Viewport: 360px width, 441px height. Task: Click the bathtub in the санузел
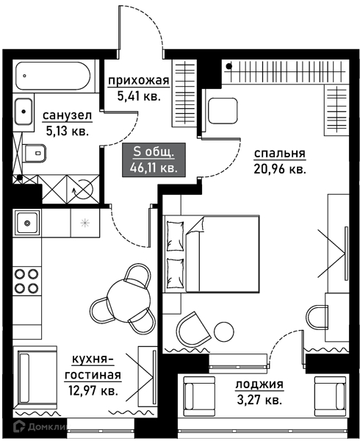point(53,76)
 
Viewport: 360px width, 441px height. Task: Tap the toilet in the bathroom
point(35,154)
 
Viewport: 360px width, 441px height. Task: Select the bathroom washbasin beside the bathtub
point(24,112)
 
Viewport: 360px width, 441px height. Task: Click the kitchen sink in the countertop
point(27,223)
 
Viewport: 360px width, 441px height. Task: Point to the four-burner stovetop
point(26,281)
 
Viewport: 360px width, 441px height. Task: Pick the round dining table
point(129,299)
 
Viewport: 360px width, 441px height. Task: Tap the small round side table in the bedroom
point(223,331)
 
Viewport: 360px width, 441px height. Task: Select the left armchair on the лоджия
point(199,396)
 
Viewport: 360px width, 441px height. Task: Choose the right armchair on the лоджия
point(331,396)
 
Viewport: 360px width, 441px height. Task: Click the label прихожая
point(139,81)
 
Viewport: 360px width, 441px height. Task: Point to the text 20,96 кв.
point(280,169)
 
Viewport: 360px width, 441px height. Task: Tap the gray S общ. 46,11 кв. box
point(154,159)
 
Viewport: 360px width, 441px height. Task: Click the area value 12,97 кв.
point(93,390)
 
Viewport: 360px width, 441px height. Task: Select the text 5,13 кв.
point(67,131)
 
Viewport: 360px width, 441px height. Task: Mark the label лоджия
point(259,384)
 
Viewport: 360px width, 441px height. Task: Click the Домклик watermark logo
point(40,427)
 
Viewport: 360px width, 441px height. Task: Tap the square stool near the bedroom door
point(223,110)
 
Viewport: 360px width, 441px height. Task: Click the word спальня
point(279,154)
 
